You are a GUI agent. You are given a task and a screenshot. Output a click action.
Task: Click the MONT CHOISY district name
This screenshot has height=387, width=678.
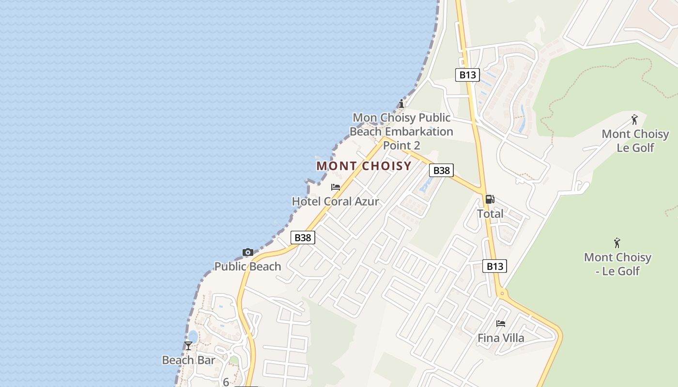tap(364, 166)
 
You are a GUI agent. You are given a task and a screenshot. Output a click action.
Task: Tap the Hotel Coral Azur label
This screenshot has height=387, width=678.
tap(335, 201)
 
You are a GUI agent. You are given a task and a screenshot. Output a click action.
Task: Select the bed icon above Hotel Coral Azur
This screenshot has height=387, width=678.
tap(336, 187)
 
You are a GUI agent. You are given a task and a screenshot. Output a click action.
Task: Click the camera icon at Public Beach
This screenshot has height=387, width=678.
tap(248, 252)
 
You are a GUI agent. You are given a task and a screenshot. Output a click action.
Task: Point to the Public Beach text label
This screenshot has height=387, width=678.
tap(247, 266)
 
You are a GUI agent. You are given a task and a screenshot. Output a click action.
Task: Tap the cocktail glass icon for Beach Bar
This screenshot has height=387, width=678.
tap(188, 345)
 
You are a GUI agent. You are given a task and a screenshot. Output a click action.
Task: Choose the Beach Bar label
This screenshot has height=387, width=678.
tap(188, 360)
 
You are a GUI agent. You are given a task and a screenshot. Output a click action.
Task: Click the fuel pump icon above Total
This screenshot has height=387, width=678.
tap(490, 199)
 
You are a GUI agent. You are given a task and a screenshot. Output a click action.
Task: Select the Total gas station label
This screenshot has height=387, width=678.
tap(490, 213)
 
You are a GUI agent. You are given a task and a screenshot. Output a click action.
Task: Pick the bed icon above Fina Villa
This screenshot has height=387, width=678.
tap(501, 323)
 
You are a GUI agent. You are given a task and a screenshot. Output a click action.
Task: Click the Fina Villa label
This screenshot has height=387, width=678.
tap(501, 338)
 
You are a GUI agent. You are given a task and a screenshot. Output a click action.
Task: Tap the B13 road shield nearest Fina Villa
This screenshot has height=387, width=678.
tap(494, 266)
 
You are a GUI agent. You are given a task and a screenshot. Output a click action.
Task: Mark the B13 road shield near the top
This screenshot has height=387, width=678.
tap(467, 74)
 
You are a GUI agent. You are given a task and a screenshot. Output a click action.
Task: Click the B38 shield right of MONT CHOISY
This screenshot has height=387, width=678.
tap(441, 170)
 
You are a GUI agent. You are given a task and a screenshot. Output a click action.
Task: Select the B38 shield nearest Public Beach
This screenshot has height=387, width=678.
tap(303, 237)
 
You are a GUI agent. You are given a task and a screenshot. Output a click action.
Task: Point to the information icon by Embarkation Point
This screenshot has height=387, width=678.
tap(401, 104)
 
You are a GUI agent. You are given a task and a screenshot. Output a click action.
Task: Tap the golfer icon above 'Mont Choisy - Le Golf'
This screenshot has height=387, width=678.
tap(617, 242)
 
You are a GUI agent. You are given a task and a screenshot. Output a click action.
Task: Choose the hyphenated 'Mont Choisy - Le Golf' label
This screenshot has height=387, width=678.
tap(617, 264)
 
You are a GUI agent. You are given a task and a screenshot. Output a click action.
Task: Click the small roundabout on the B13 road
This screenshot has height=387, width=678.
tap(502, 293)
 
